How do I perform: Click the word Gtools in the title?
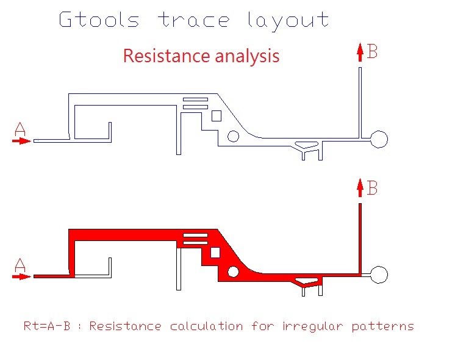point(99,20)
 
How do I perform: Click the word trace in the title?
point(194,20)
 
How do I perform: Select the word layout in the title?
point(288,21)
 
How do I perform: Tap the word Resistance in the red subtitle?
point(167,56)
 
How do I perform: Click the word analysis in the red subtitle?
point(247,57)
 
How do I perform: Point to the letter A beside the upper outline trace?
point(20,129)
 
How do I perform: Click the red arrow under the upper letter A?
point(21,141)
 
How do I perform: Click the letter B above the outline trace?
point(372,51)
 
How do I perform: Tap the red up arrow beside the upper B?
point(360,52)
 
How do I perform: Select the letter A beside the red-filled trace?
point(20,265)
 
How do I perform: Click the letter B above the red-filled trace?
point(372,187)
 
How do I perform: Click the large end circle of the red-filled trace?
point(379,266)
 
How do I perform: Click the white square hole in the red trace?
point(215,253)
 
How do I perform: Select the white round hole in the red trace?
point(233,272)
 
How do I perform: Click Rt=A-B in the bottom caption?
point(47,326)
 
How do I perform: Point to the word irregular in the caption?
point(313,326)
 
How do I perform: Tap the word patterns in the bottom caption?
point(383,326)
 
